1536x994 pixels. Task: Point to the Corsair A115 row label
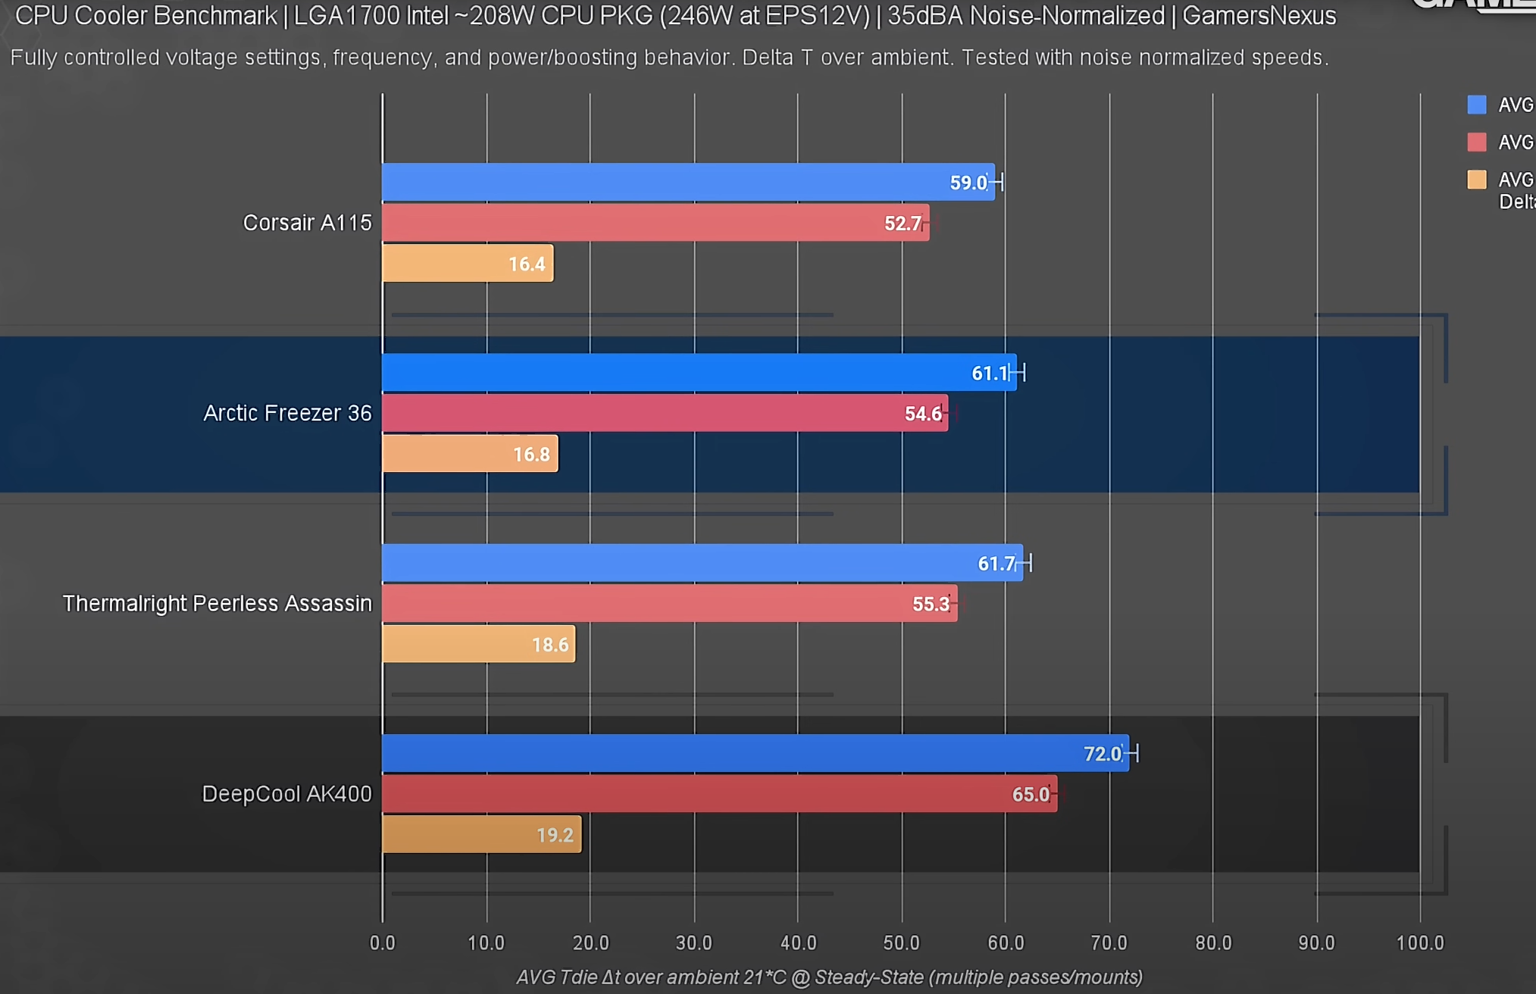coord(307,223)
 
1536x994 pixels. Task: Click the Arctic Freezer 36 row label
coord(287,413)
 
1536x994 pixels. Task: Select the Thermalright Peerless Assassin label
coord(217,604)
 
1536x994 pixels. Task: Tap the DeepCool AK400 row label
coord(286,794)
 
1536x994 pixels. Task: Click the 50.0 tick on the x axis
coord(901,943)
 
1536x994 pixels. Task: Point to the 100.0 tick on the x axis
coord(1420,943)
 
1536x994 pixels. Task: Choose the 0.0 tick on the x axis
coord(383,943)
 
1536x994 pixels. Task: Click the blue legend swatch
coord(1476,105)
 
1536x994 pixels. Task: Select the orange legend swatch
coord(1476,180)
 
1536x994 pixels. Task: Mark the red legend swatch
coord(1476,142)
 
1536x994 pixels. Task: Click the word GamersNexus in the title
coord(1259,16)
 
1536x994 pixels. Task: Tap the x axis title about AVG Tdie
coord(829,977)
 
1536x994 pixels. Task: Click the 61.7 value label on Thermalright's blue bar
coord(996,564)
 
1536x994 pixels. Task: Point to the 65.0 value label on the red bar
coord(1031,795)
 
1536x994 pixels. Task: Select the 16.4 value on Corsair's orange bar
coord(527,264)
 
